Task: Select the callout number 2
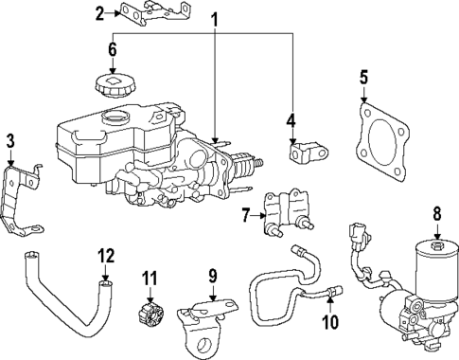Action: tap(100, 12)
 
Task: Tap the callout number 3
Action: tap(10, 141)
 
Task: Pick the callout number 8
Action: tap(436, 214)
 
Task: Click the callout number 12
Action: tap(106, 255)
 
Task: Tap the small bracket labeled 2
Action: tap(150, 13)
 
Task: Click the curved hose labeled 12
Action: tap(66, 303)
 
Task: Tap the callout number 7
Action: tap(245, 215)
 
